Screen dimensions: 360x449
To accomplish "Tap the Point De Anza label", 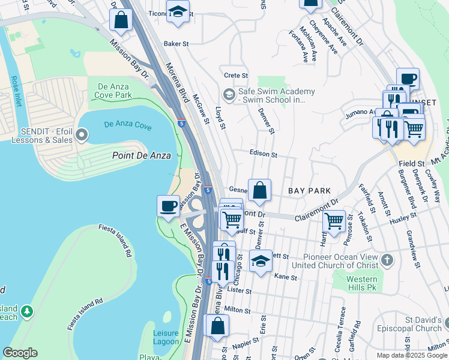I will (x=142, y=155).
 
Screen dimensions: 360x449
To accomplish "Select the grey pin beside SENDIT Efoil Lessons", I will (x=82, y=138).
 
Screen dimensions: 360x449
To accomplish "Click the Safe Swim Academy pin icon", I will (x=229, y=95).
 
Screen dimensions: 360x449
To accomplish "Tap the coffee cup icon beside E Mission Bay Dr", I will (x=169, y=206).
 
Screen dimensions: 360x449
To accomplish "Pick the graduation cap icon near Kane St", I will (x=261, y=261).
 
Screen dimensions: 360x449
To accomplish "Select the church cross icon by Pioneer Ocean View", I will (x=388, y=260).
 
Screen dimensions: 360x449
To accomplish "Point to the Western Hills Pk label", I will (x=362, y=284).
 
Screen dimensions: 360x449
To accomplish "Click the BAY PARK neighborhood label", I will (x=309, y=191).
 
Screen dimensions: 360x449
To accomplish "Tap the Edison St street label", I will (x=263, y=154).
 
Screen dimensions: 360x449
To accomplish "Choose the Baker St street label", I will (x=176, y=44).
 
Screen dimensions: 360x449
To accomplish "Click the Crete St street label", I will (x=236, y=76).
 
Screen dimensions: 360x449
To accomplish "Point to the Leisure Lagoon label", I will (x=166, y=337).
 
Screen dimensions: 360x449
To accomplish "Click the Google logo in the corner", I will (x=20, y=353).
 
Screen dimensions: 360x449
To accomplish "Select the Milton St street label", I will (x=237, y=310).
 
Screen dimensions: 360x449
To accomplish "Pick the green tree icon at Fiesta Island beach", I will (x=26, y=311).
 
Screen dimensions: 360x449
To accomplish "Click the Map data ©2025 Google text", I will (x=412, y=355).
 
